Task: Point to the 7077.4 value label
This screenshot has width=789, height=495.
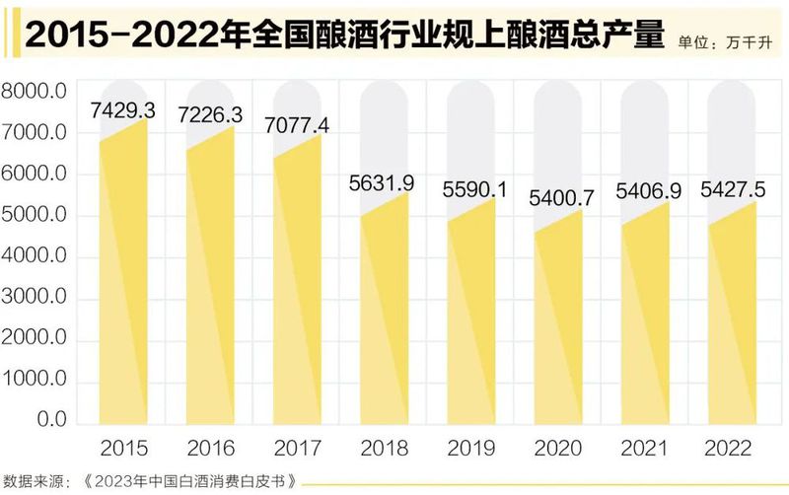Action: pos(297,125)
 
